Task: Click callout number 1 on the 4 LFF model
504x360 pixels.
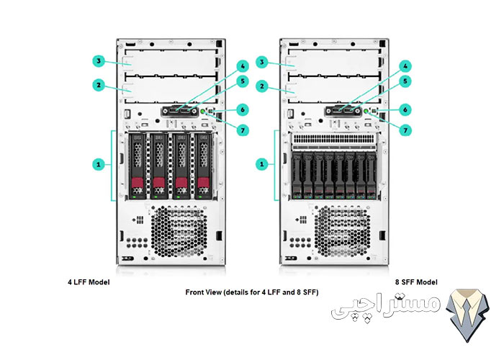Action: click(x=99, y=164)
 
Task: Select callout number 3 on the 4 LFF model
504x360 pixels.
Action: click(x=99, y=61)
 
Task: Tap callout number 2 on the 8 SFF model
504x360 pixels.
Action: click(x=262, y=85)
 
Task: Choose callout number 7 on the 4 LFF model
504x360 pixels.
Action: click(x=243, y=130)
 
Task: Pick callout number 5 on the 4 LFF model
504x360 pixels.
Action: click(x=243, y=81)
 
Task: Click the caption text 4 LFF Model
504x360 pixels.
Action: click(x=88, y=282)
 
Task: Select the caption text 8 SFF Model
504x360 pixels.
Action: click(x=415, y=282)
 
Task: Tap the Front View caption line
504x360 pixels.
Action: click(x=252, y=292)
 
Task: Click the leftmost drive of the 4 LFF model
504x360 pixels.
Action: click(x=137, y=165)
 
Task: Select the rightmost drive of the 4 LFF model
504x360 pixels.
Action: click(x=205, y=165)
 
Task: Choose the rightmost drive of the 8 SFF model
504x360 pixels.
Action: click(x=370, y=176)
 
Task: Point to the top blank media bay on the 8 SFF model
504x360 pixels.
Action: click(x=334, y=61)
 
